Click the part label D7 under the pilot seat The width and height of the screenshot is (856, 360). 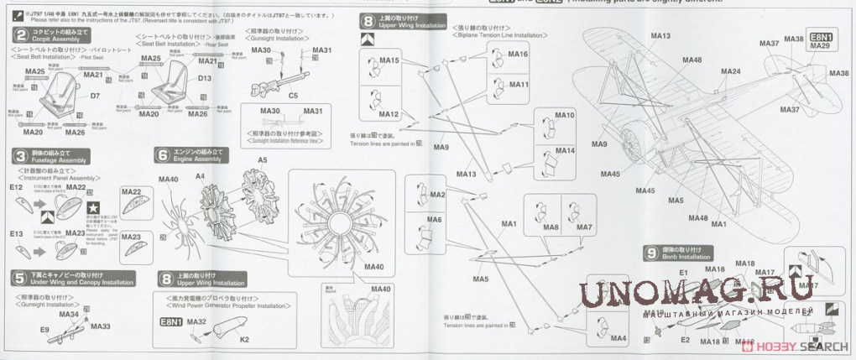[95, 97]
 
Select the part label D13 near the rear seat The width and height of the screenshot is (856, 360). [204, 77]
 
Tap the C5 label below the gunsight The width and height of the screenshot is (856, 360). [294, 97]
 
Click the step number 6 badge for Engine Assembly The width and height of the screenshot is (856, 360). [161, 155]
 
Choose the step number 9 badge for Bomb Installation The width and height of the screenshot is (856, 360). [652, 252]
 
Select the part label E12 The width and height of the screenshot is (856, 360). [16, 187]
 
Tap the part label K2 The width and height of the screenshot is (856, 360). [244, 339]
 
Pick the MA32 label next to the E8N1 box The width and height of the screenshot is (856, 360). [196, 321]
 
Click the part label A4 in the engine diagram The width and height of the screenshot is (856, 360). [201, 176]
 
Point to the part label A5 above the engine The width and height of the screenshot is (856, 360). [263, 159]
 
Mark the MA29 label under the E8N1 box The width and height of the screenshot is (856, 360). [821, 47]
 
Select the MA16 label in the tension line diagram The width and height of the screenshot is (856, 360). [518, 55]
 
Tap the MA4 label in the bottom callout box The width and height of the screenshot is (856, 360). [619, 338]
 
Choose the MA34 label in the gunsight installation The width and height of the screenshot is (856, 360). [70, 314]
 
